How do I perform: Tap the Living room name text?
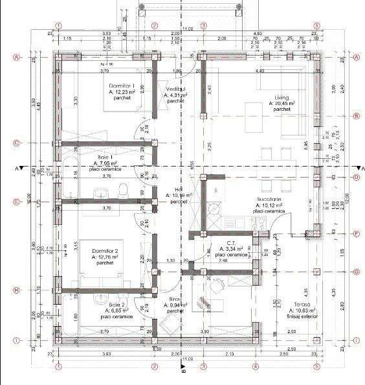[282, 97]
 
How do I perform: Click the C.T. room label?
[231, 242]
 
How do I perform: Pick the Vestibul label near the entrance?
[175, 89]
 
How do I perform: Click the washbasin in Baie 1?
[101, 192]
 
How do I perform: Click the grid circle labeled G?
[357, 272]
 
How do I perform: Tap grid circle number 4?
[256, 366]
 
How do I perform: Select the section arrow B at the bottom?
[183, 372]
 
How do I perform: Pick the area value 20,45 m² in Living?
[282, 103]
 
